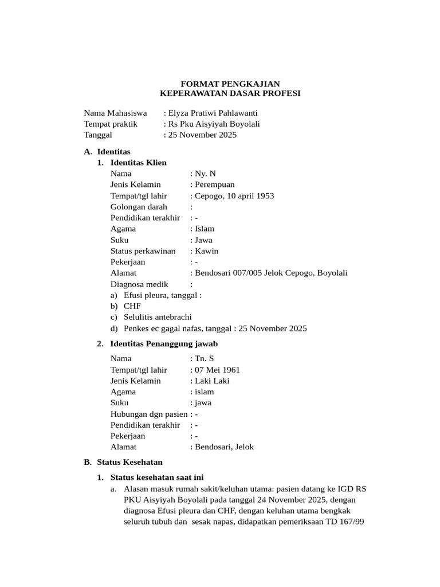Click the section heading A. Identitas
coord(107,152)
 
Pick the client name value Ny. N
coord(206,174)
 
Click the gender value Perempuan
coord(214,185)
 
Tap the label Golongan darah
coord(139,207)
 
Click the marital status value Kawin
coord(206,251)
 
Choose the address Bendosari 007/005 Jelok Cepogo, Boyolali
coord(271,273)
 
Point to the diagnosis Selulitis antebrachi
coord(158,318)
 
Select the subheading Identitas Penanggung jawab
coord(164,344)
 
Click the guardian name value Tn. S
coord(205,359)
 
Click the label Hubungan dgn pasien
coord(149,414)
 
